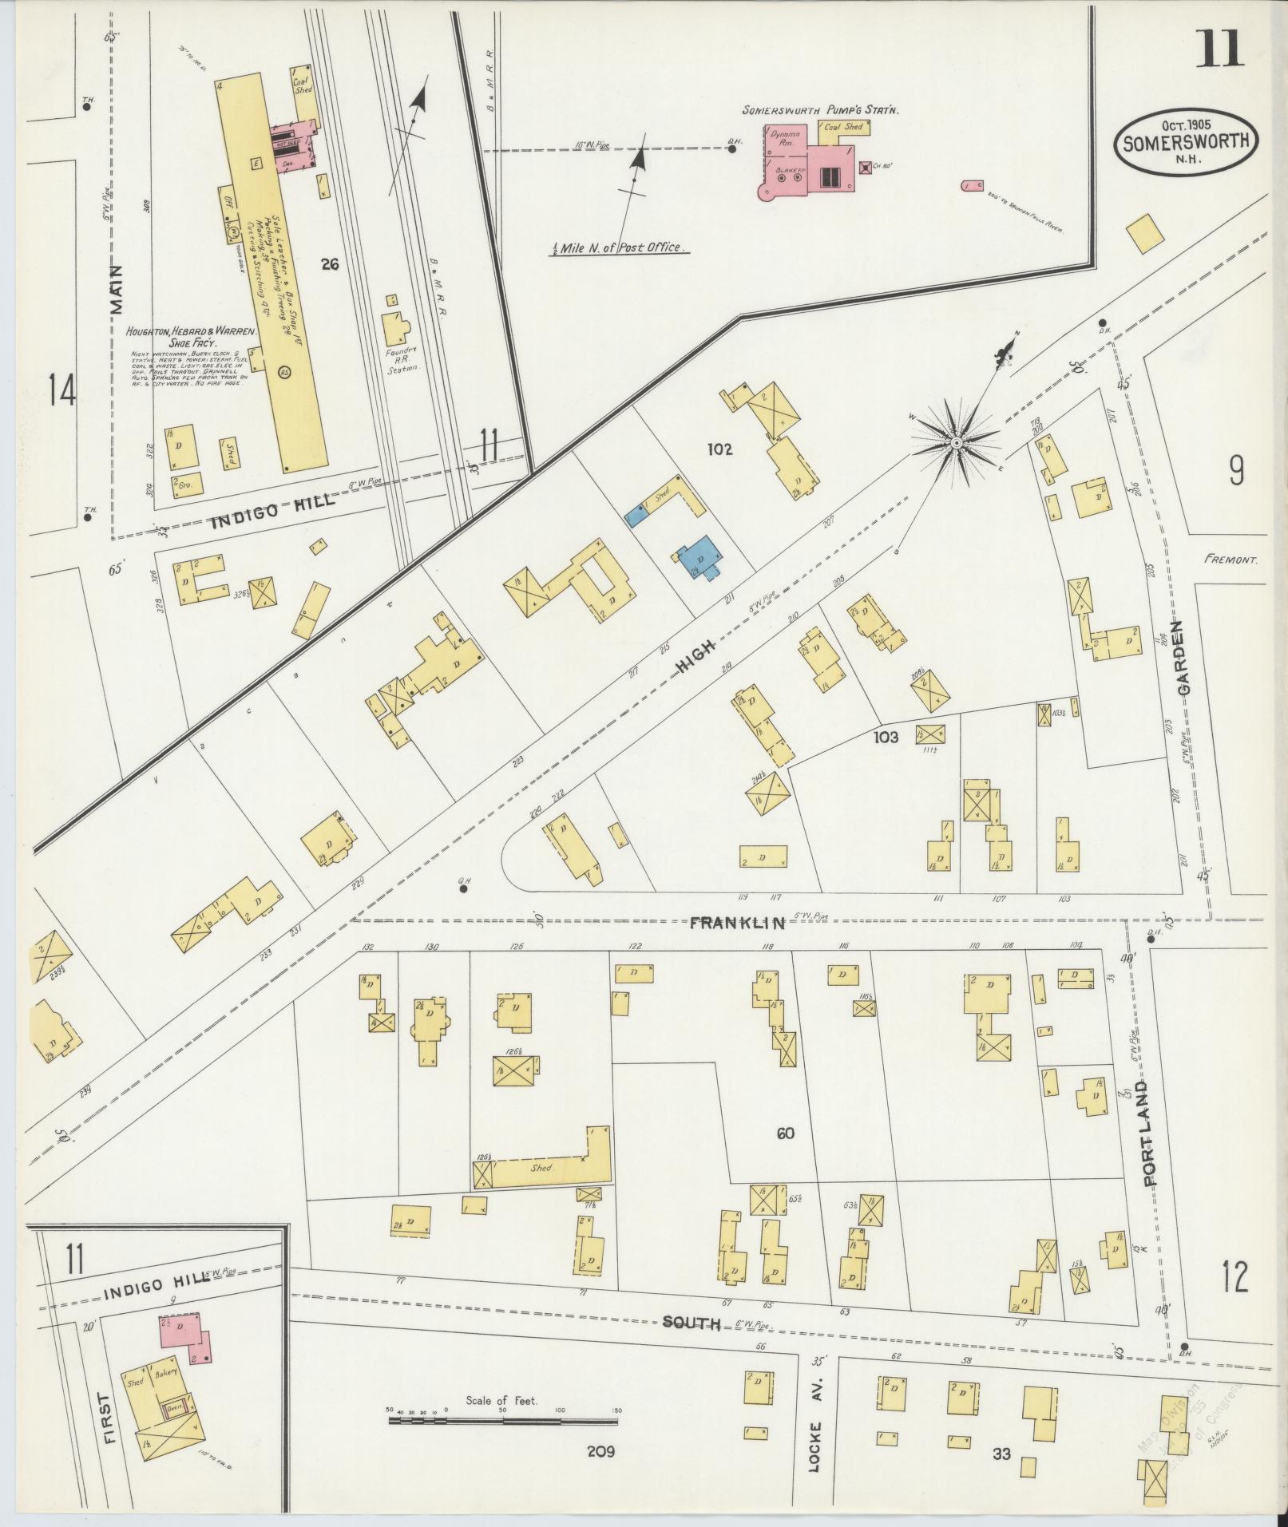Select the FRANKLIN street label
pyautogui.click(x=737, y=923)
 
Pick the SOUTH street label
pyautogui.click(x=692, y=1323)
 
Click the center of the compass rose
pyautogui.click(x=955, y=441)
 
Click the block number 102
pyautogui.click(x=719, y=449)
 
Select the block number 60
pyautogui.click(x=785, y=1133)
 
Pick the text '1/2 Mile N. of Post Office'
pyautogui.click(x=620, y=247)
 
